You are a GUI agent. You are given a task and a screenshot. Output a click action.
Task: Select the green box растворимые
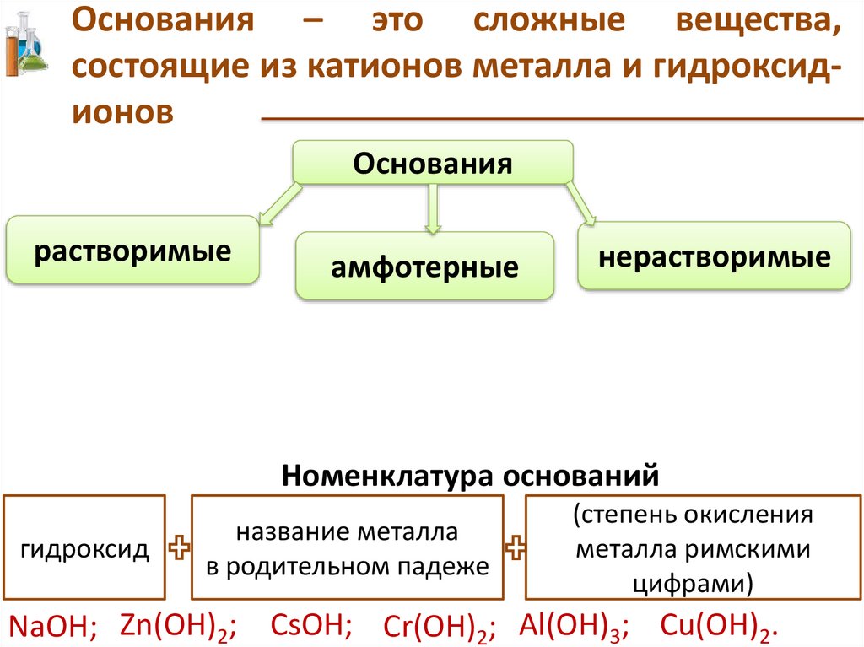tap(132, 250)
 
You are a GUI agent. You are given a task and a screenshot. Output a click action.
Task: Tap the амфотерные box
tap(424, 267)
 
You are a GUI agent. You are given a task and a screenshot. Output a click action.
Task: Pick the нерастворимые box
tap(714, 256)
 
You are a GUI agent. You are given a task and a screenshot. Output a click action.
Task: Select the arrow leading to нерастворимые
tap(581, 204)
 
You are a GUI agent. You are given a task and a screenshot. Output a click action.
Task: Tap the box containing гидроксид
tap(85, 550)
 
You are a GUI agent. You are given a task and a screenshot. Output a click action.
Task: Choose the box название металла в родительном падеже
tap(348, 550)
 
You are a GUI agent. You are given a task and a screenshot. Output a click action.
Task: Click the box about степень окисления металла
tap(692, 549)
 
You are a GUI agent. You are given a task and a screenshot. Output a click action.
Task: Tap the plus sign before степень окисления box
tap(515, 550)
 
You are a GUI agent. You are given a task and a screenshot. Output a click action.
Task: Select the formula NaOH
tap(53, 626)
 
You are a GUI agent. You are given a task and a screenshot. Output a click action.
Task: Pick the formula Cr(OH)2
tap(439, 626)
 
